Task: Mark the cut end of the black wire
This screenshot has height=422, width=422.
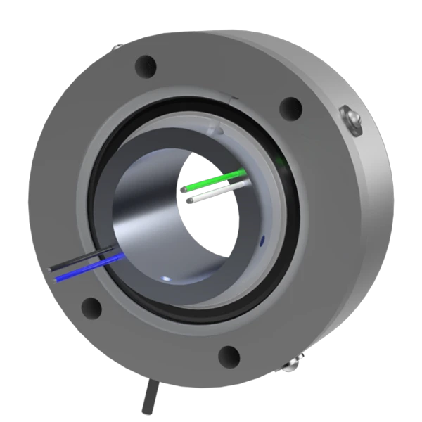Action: [x=51, y=269]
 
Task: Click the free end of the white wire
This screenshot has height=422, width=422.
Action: [x=191, y=200]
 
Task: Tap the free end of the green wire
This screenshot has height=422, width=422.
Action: [x=187, y=188]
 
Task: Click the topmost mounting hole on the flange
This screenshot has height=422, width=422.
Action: [x=146, y=66]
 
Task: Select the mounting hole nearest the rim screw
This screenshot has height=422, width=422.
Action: [x=290, y=108]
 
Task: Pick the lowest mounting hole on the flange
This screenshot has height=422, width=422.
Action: [x=229, y=357]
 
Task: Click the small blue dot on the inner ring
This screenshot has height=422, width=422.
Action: [x=262, y=241]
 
